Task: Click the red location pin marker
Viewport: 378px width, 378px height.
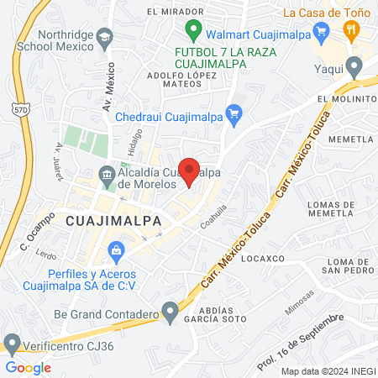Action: click(x=190, y=171)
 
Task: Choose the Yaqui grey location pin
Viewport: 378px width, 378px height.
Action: click(x=354, y=66)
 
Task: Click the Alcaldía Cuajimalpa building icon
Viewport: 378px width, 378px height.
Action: click(x=107, y=176)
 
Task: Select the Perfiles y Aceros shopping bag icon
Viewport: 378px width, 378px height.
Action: click(x=116, y=249)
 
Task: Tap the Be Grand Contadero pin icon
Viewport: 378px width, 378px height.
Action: click(x=171, y=314)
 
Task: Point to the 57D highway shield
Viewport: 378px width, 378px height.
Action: click(x=19, y=108)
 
